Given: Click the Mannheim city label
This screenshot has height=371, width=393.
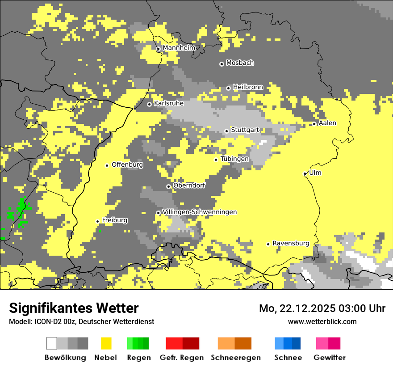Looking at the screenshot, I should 179,48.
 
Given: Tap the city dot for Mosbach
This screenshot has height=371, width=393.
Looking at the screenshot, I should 222,64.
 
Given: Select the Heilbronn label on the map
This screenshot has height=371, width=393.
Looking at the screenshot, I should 248,87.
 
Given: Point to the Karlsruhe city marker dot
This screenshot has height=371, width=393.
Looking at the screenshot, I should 150,104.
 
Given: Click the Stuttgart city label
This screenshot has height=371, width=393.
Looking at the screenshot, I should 245,130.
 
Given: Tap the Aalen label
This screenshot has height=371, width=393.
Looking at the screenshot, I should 327,123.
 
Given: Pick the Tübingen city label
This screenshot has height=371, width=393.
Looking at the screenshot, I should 234,159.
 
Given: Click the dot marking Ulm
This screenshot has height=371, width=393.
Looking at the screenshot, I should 305,173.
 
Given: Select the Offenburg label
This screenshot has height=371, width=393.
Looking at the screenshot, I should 127,164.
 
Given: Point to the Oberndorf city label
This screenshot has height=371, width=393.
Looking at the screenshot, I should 189,185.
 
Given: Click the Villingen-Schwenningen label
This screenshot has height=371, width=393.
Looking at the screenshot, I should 200,212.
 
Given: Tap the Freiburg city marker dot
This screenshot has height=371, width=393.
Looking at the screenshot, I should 97,221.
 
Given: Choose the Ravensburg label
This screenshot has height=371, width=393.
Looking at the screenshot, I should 291,244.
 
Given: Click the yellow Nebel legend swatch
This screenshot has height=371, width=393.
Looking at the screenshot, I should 106,343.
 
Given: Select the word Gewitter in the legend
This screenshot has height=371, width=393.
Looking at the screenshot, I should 330,358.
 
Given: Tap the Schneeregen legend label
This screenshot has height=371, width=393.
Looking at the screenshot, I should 236,358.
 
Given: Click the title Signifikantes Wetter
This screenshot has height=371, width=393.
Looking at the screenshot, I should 74,308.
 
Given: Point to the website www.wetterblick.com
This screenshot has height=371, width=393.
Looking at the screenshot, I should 322,321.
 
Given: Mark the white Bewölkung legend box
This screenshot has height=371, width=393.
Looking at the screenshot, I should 52,343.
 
